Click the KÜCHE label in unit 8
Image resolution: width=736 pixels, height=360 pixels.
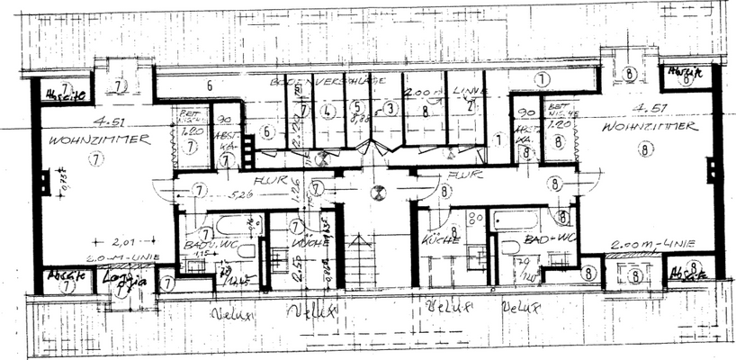click(x=441, y=239)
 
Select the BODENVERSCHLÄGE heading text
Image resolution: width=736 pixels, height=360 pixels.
click(x=328, y=82)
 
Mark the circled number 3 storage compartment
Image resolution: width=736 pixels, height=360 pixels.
click(x=390, y=109)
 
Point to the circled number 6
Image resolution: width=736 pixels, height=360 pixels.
click(x=266, y=130)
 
